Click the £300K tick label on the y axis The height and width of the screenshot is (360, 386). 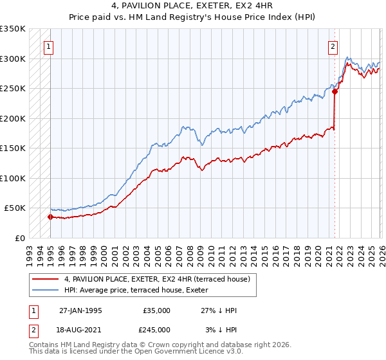click(x=13, y=59)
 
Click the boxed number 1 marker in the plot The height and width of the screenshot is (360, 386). click(x=50, y=46)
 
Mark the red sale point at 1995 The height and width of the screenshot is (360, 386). click(x=50, y=217)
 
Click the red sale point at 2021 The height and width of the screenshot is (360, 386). click(x=335, y=91)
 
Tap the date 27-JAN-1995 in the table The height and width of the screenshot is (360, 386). click(x=80, y=310)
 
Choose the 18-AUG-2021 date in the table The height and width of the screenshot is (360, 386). click(x=80, y=330)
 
